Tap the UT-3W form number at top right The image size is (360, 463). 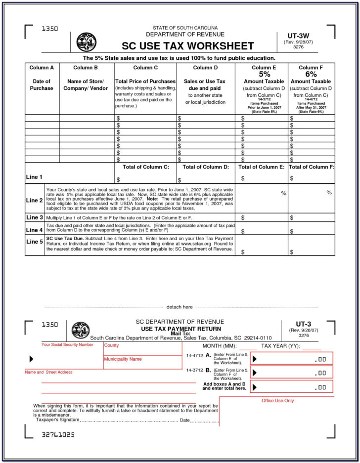pyautogui.click(x=298, y=36)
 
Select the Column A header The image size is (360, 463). pyautogui.click(x=42, y=68)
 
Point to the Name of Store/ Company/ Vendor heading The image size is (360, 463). pyautogui.click(x=86, y=84)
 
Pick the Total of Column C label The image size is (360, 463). pyautogui.click(x=145, y=167)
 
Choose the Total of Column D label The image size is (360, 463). pyautogui.click(x=206, y=167)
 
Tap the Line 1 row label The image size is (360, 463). pyautogui.click(x=34, y=177)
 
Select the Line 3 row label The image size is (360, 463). pyautogui.click(x=35, y=217)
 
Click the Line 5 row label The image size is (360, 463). pyautogui.click(x=35, y=242)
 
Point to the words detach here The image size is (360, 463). pyautogui.click(x=180, y=307)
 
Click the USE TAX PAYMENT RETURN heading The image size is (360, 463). pyautogui.click(x=181, y=329)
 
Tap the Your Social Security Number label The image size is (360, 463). pyautogui.click(x=67, y=344)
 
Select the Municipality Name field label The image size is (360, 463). pyautogui.click(x=123, y=359)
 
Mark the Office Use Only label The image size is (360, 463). pyautogui.click(x=277, y=401)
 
